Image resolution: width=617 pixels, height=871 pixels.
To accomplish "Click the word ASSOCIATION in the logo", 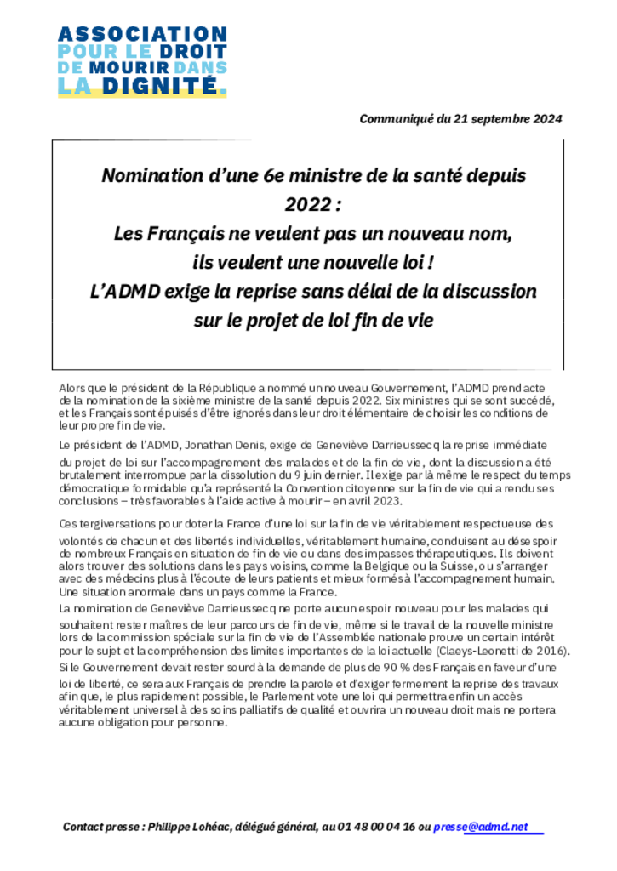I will (142, 35).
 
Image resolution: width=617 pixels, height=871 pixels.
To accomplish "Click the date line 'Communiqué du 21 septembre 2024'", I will (460, 119).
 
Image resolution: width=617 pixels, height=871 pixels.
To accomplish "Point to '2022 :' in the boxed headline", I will (311, 204).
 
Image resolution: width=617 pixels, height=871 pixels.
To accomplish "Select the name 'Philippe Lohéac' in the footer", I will (189, 826).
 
